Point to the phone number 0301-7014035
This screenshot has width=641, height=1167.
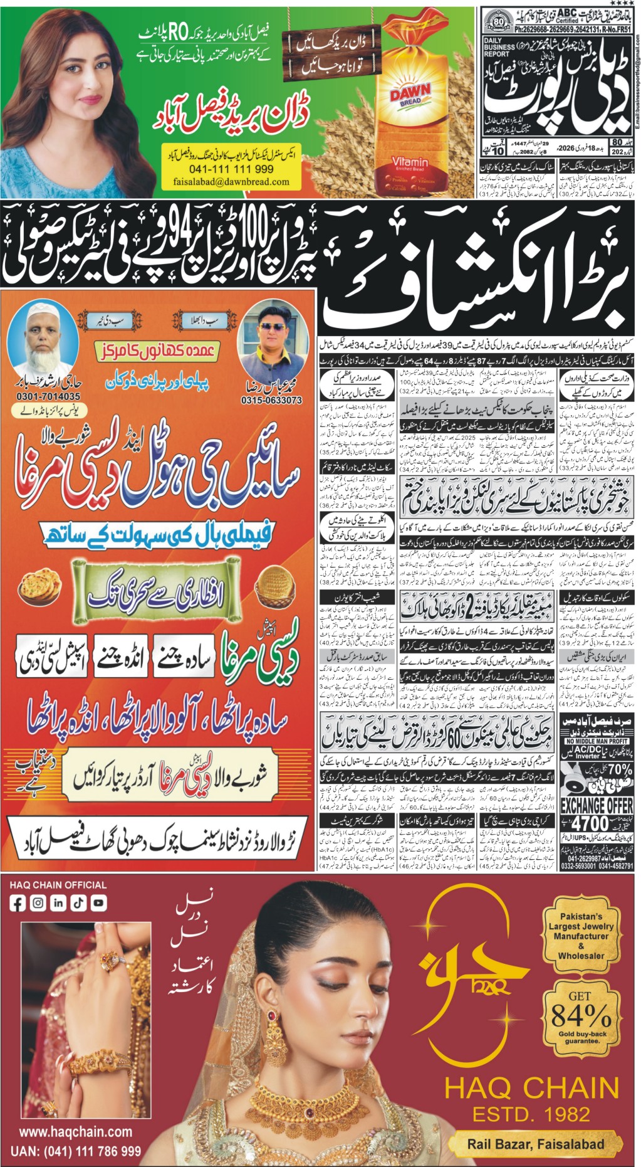click(46, 396)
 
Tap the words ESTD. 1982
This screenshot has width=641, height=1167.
click(531, 1114)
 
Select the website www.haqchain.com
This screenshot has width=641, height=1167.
click(75, 1132)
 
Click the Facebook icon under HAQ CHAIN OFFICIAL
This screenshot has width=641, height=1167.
click(18, 904)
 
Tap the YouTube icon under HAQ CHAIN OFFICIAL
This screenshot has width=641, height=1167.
click(98, 904)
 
